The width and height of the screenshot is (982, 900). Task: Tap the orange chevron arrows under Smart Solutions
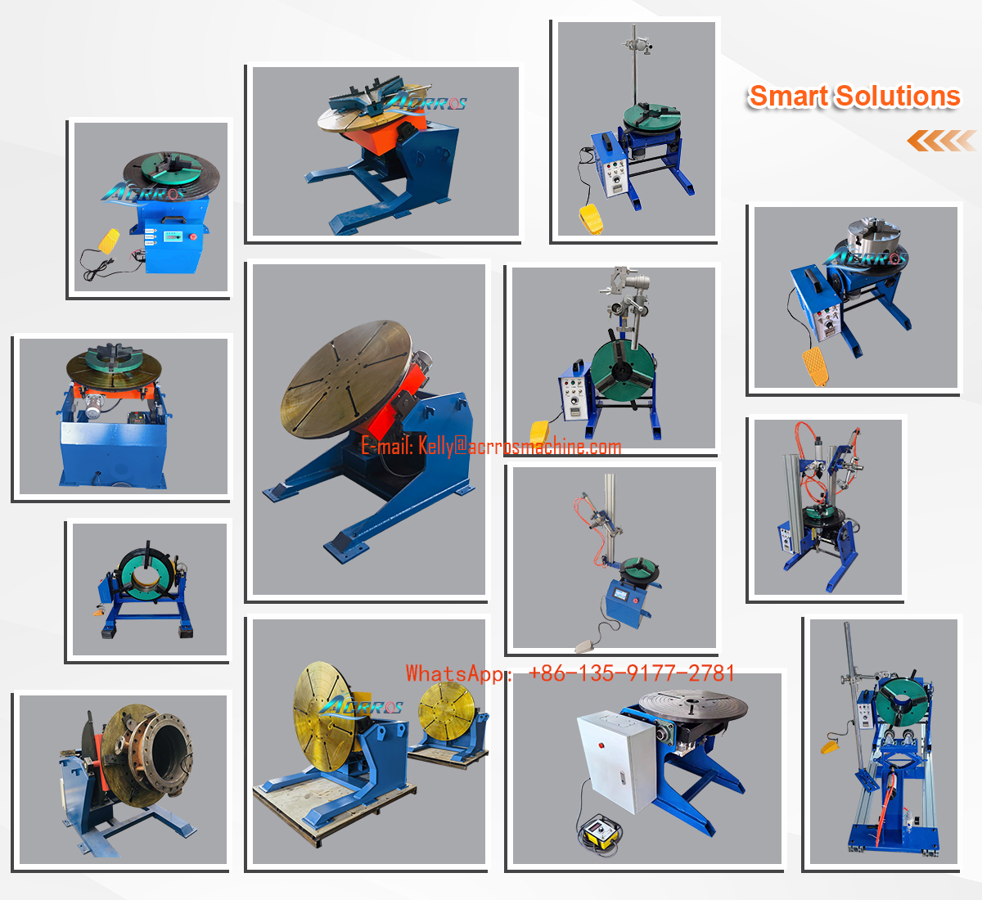(940, 141)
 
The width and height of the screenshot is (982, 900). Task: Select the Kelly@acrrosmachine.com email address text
(520, 447)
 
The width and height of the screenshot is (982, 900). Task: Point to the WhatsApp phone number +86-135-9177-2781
(631, 673)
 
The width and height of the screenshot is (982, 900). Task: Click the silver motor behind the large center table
(423, 360)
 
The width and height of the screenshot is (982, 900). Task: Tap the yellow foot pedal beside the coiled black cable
(109, 241)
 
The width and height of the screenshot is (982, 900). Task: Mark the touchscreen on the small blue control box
(621, 595)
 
